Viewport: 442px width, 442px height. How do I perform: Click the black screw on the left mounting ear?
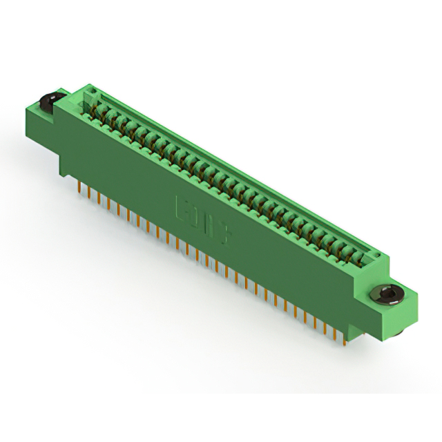coord(47,102)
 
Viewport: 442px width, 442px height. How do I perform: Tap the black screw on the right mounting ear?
coord(389,295)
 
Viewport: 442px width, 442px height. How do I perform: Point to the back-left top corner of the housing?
coord(86,86)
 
